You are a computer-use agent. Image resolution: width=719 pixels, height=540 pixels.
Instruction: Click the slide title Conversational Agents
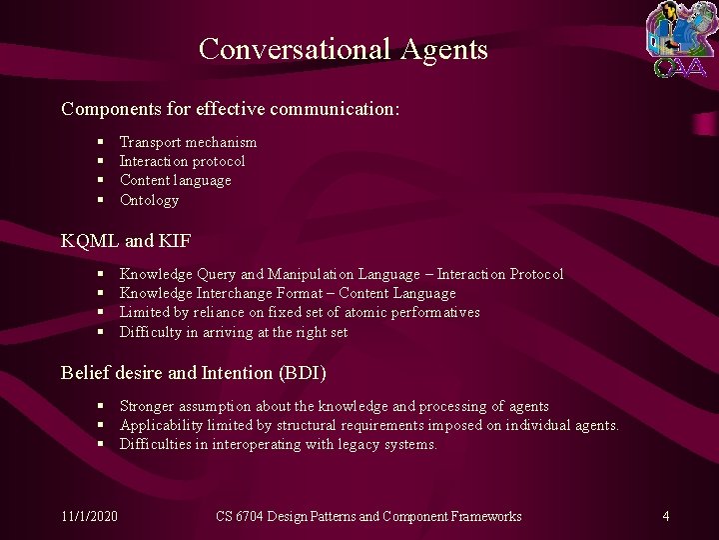343,48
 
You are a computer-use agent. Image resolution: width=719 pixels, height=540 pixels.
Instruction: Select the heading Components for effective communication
231,107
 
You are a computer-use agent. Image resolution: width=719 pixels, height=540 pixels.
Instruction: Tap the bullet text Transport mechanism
188,142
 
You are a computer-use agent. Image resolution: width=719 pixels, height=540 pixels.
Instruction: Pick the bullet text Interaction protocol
182,161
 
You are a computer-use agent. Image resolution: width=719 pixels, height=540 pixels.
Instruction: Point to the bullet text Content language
175,180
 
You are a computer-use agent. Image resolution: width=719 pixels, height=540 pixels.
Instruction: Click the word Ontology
149,200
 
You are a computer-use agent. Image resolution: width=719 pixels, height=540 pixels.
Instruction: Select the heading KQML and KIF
126,241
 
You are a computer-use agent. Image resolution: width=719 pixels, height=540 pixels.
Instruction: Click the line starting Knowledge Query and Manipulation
341,274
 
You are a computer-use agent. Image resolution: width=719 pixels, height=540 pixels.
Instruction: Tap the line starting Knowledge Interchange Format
287,293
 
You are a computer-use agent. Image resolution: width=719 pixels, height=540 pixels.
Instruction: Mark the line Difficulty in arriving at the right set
233,332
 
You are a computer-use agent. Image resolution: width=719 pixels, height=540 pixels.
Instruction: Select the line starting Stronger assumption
334,406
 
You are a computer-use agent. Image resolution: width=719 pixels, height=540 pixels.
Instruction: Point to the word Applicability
158,425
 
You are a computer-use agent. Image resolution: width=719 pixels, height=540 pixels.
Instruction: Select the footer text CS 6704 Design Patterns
368,516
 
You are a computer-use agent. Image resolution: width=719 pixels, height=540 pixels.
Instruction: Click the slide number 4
665,516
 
